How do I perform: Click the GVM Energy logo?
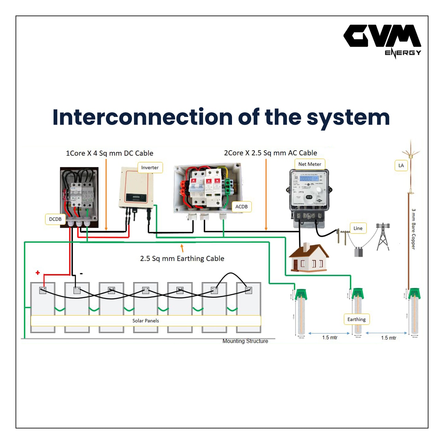pos(382,40)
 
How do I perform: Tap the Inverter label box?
pos(150,168)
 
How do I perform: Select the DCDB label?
pos(55,219)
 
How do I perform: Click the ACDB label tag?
pos(241,206)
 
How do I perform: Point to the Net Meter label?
pos(309,164)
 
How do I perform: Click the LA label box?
pos(401,166)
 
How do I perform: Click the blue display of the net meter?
pos(309,179)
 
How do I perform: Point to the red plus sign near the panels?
pos(38,273)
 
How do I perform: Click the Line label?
pos(358,228)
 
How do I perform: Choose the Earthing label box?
pos(356,320)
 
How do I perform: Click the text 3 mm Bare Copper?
pos(413,229)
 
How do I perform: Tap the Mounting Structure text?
pos(245,341)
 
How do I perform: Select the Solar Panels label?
pos(146,321)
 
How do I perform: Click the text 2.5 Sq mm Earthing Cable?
pos(182,259)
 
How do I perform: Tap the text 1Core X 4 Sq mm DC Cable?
pos(109,153)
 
